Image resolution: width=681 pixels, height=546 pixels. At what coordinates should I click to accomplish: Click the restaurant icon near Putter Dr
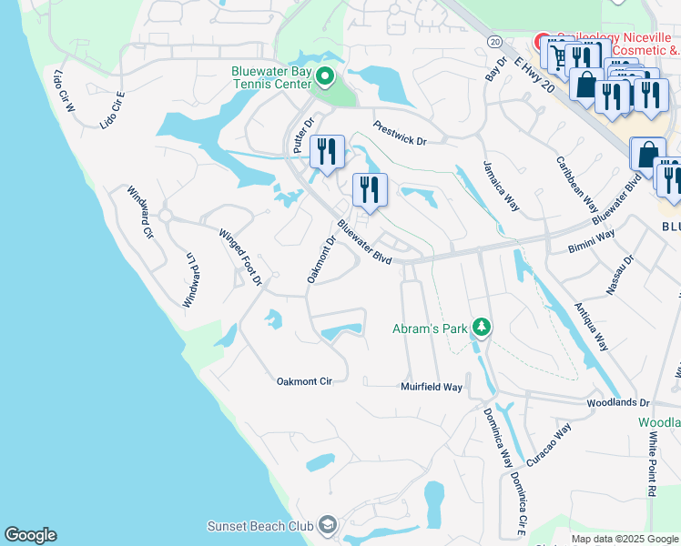tap(327, 151)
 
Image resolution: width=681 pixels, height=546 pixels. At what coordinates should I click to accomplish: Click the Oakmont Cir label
tap(304, 381)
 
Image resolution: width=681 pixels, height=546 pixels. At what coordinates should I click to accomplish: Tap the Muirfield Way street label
tap(432, 387)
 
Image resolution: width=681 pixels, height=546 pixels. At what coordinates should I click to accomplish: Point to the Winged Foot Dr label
tap(240, 256)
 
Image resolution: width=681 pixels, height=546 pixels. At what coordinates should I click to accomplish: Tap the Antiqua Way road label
tap(590, 328)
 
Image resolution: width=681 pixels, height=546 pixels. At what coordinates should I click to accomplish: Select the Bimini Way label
tap(592, 241)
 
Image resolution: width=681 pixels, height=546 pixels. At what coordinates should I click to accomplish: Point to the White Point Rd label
tap(653, 464)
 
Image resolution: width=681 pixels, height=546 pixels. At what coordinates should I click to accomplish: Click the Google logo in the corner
tap(30, 535)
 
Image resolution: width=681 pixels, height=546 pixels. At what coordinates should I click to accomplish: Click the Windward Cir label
tap(140, 212)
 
